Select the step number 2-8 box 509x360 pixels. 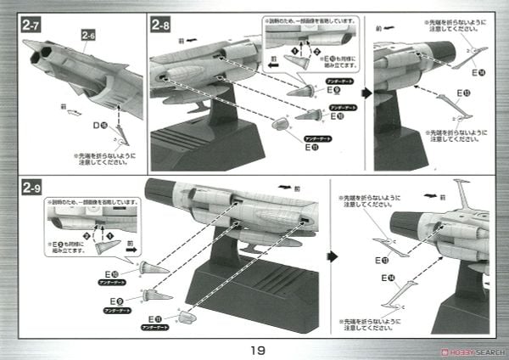click(163, 25)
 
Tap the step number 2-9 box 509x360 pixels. click(31, 187)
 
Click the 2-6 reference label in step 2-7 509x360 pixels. click(88, 35)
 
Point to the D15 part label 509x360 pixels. click(100, 125)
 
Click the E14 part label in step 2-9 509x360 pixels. click(391, 278)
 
